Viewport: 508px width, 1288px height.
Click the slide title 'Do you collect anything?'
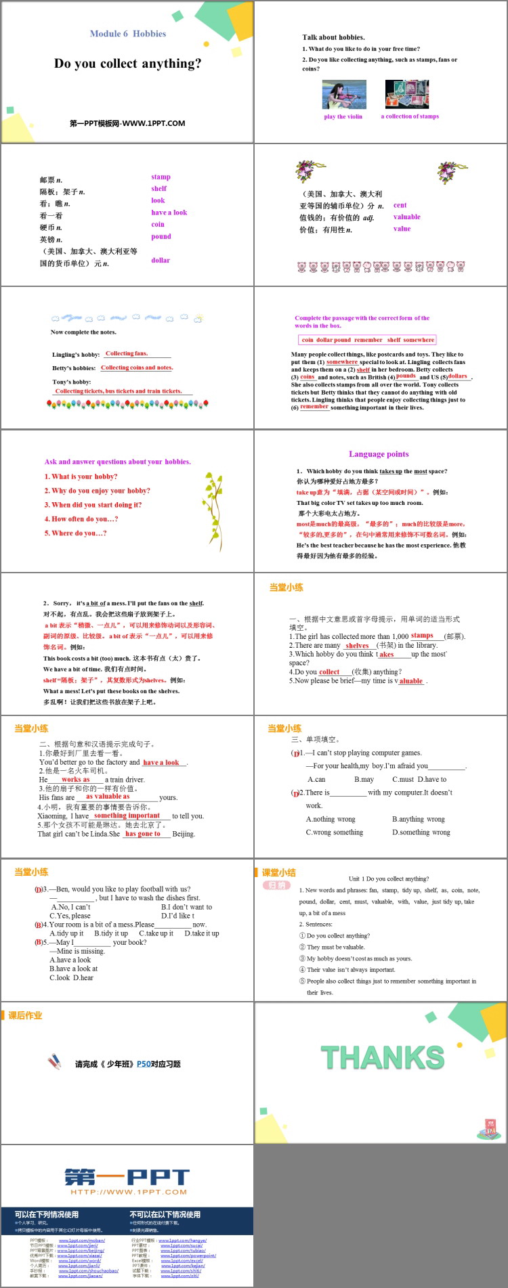tap(127, 64)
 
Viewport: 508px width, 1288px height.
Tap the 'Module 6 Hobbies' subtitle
tap(128, 34)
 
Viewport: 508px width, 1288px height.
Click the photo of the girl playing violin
tap(344, 95)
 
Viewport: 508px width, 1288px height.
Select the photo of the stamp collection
tap(407, 94)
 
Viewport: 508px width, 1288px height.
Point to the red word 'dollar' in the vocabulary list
tap(161, 261)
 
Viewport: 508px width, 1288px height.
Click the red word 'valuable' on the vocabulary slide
tap(406, 217)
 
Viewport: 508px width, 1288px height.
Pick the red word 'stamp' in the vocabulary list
tap(161, 177)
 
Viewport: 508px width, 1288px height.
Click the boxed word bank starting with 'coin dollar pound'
tap(367, 340)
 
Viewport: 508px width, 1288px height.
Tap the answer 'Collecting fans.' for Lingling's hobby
tap(127, 353)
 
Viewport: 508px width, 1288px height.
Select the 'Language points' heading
tap(379, 454)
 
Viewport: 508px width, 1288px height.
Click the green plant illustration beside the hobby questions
tap(212, 502)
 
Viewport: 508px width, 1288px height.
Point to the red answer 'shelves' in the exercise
tap(357, 646)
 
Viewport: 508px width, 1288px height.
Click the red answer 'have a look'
tap(161, 762)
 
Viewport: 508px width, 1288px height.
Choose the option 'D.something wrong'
tap(421, 832)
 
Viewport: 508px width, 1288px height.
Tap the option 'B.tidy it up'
tap(111, 933)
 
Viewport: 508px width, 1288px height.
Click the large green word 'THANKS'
tap(383, 1058)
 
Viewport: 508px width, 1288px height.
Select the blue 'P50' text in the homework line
tap(144, 1064)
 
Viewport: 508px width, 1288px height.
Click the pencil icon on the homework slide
tap(55, 1061)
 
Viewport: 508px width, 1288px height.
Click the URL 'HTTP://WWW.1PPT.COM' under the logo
tap(128, 1192)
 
